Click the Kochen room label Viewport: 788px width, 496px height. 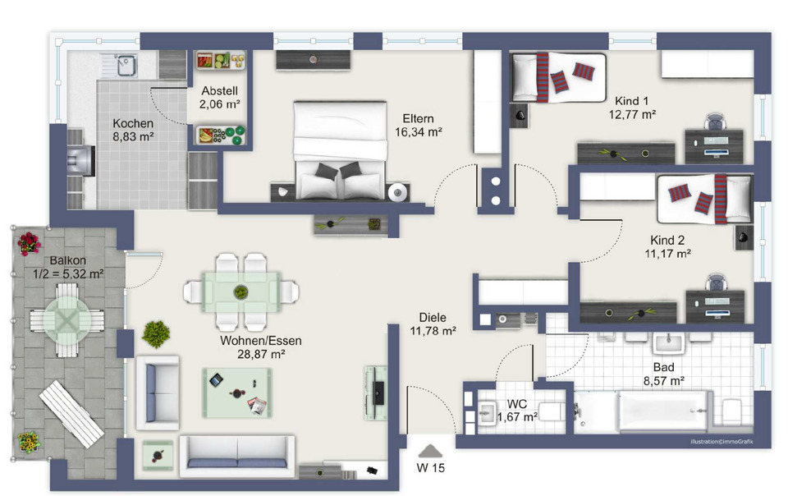(x=133, y=123)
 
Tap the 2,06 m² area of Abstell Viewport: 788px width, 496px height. (x=220, y=104)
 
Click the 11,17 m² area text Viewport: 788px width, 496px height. (x=667, y=254)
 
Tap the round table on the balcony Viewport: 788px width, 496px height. (x=66, y=320)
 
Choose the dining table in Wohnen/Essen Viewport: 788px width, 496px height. (x=241, y=292)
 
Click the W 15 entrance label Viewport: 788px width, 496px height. (x=431, y=468)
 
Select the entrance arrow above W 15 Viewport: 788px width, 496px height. (x=430, y=450)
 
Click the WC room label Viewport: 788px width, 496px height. (x=516, y=404)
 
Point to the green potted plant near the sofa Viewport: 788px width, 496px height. (x=156, y=334)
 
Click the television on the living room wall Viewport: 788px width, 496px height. (x=378, y=393)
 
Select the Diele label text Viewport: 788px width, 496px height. (x=433, y=318)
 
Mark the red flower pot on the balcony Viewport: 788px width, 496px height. (x=30, y=244)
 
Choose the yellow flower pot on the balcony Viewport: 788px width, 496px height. (x=30, y=443)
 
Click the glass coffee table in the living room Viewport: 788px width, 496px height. (x=237, y=393)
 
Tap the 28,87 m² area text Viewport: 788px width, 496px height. (x=261, y=354)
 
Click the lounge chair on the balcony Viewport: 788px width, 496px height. (x=71, y=414)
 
